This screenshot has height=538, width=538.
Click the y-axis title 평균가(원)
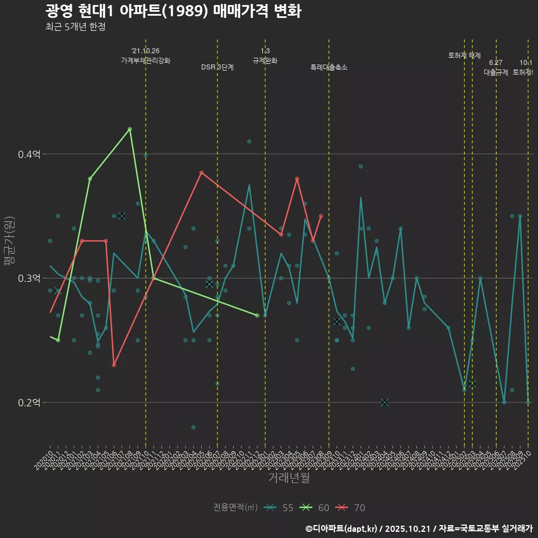(x=10, y=242)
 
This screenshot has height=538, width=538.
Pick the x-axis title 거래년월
(x=289, y=477)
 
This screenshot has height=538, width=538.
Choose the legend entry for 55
(x=280, y=508)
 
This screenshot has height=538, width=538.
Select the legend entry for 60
(x=316, y=508)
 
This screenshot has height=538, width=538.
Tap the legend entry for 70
(x=352, y=508)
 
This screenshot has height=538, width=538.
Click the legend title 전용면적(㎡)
(x=235, y=508)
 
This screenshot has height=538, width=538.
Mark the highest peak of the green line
(x=129, y=129)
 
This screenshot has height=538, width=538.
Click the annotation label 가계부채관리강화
(x=146, y=61)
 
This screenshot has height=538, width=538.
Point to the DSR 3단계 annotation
(x=217, y=67)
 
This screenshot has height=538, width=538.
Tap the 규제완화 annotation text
(x=265, y=61)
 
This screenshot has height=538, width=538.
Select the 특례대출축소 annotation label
(x=329, y=67)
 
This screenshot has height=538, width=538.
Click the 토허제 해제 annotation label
(x=465, y=55)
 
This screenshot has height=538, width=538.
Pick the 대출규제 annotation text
(x=496, y=72)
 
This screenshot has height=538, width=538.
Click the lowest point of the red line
(x=114, y=365)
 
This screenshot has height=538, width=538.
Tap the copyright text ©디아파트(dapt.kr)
(x=342, y=528)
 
